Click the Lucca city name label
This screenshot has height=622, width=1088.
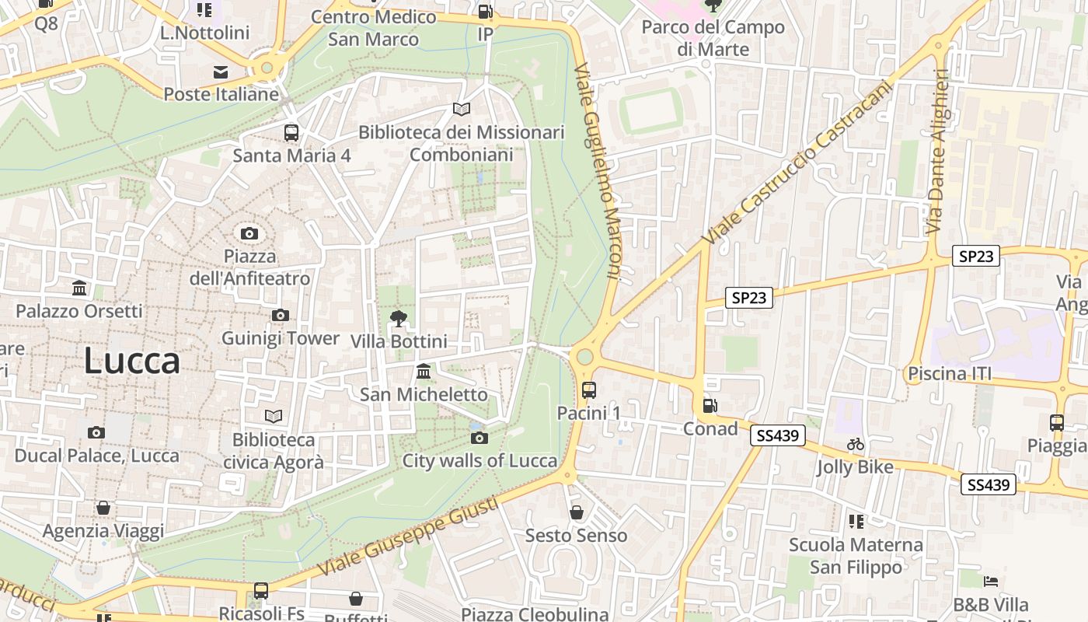131,362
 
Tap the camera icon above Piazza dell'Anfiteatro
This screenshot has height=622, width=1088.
249,233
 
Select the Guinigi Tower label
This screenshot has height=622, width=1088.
281,338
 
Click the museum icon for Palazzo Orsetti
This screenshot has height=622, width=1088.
79,288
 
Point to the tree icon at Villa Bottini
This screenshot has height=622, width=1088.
399,318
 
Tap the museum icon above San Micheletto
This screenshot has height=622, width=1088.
424,371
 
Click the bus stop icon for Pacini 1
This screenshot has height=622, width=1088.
589,390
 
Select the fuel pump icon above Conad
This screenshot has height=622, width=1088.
710,405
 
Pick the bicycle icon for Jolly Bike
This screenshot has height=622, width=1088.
856,444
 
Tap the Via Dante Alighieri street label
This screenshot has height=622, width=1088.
937,152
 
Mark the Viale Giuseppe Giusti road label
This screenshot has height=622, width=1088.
408,536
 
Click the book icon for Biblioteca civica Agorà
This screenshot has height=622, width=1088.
274,416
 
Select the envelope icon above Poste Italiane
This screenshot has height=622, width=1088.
221,72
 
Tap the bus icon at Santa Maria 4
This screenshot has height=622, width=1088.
291,133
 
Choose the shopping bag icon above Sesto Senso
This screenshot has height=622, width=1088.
577,512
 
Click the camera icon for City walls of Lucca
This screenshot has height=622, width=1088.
479,438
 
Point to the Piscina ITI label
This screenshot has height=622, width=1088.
950,374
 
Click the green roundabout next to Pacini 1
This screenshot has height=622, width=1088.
584,356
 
